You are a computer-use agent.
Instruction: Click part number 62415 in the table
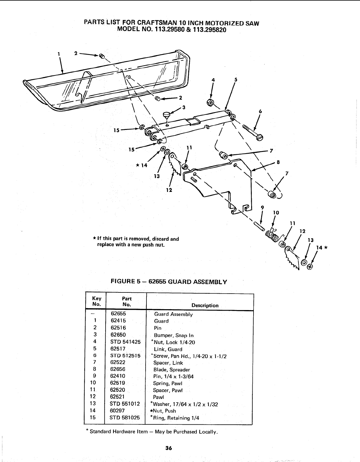coord(118,321)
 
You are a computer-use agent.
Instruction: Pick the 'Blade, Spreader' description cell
coord(172,370)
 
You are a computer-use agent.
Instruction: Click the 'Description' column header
coord(205,305)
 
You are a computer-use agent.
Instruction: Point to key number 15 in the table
coord(93,417)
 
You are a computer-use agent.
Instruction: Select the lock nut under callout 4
coord(210,102)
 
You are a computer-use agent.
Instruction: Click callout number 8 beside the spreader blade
coord(278,162)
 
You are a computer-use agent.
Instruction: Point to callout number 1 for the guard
coord(59,54)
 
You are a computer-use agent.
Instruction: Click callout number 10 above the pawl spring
coord(276,212)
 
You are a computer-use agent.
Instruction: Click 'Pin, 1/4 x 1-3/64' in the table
coord(174,376)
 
